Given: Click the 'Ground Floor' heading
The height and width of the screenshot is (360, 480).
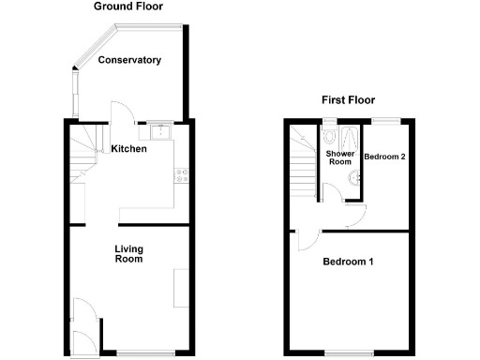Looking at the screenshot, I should pos(133,7).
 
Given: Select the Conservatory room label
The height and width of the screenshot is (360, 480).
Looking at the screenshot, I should pos(129,60).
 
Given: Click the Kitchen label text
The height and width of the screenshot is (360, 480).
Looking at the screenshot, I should pos(128,148).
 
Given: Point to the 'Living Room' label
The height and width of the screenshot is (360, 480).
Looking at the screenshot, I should pos(128,253).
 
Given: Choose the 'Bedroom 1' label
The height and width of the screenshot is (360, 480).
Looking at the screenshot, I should pos(348,262).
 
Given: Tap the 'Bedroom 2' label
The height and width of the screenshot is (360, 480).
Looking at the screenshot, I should pos(384,157).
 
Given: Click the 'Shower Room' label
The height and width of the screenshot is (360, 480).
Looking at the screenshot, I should pos(339,157).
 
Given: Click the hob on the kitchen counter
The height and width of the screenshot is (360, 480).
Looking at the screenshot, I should pos(181,173).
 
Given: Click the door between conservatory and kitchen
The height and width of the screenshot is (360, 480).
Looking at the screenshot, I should pos(121,113).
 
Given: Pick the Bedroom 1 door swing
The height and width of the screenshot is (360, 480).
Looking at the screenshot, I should pos(307,241).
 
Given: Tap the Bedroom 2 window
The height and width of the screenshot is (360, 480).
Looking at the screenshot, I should pos(383,120).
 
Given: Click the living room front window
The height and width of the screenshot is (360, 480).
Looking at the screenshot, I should pos(130,352).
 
